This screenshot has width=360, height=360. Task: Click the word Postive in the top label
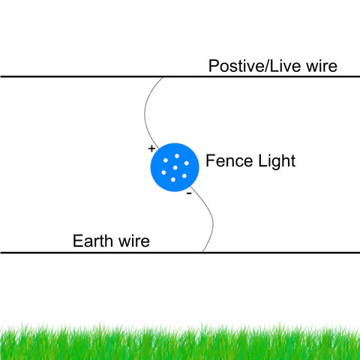(x=235, y=66)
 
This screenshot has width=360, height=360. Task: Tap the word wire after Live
(x=322, y=66)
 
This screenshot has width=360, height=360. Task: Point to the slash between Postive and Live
(x=266, y=66)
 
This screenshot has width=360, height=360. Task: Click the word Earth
(x=93, y=241)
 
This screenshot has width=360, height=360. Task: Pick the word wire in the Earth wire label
(x=134, y=241)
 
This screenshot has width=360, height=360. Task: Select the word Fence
(x=229, y=160)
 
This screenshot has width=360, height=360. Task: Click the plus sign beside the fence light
(x=151, y=148)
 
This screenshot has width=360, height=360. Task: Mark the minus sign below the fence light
(x=189, y=193)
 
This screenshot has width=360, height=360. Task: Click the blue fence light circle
(x=175, y=167)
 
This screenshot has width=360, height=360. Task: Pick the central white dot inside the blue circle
(x=175, y=167)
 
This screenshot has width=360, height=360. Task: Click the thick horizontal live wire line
(x=180, y=76)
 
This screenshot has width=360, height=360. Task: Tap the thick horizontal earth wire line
(x=180, y=253)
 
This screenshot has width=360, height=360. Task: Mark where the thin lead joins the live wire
(x=163, y=77)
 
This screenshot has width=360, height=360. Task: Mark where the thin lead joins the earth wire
(x=202, y=252)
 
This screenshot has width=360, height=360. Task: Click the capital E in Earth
(x=77, y=241)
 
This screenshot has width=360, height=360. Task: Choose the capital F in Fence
(x=210, y=160)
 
